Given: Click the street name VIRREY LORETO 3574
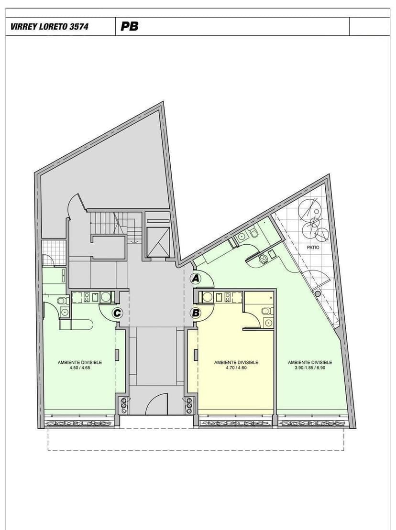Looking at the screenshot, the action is coord(49,27).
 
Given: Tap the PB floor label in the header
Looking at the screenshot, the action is coord(130,27).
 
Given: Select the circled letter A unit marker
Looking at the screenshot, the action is coord(195,278).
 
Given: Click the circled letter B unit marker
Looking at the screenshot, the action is coord(196,313).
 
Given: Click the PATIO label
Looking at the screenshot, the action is coord(313,248).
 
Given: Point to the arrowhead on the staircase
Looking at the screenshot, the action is coord(134,241).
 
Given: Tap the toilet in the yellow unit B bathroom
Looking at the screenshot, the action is coord(265,311).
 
